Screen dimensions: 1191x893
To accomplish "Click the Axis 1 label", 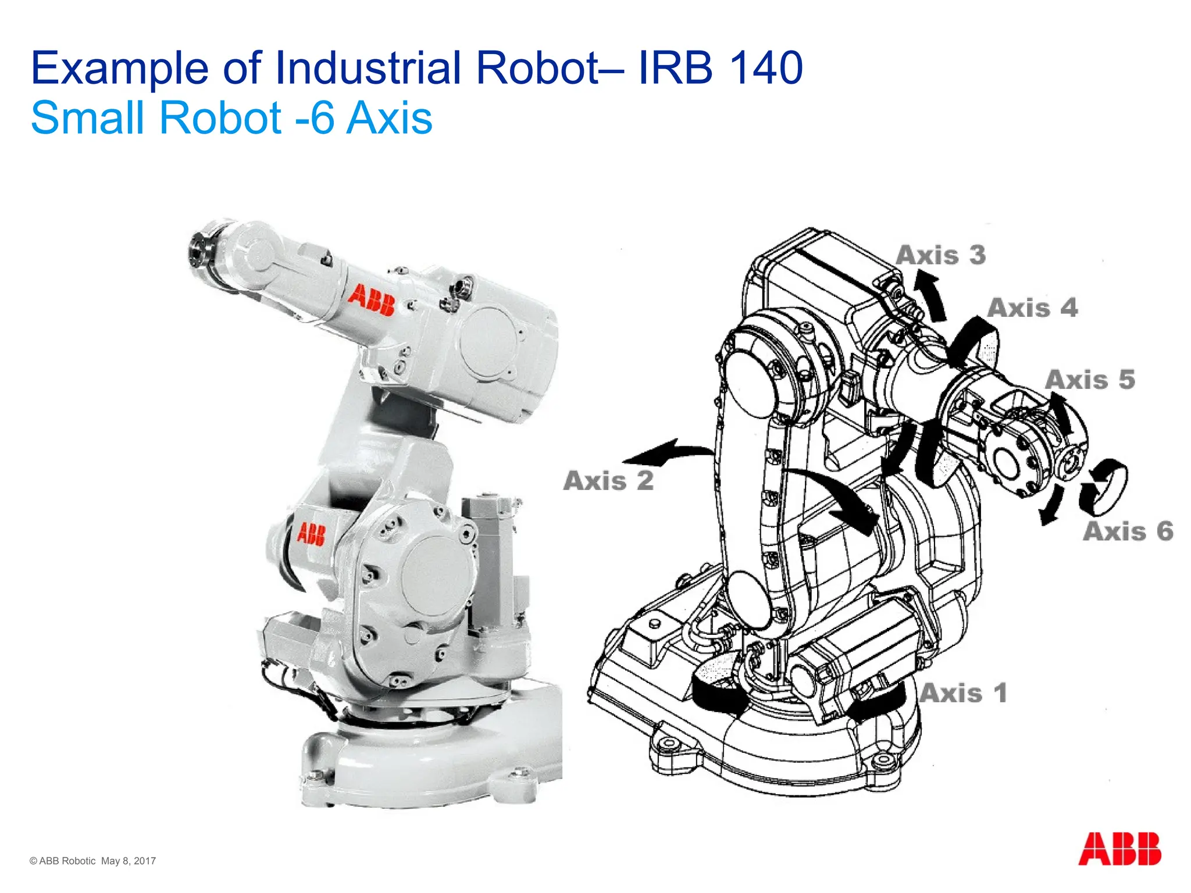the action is [x=963, y=693].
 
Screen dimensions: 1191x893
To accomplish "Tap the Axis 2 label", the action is [x=609, y=481].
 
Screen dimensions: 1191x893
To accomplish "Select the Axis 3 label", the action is [x=941, y=255].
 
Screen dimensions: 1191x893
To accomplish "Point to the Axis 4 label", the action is [x=1033, y=308].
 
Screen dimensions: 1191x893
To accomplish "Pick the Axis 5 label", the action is [x=1090, y=380].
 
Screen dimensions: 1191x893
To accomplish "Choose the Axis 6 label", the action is [x=1128, y=531].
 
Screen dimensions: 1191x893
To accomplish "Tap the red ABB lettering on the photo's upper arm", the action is [x=372, y=301].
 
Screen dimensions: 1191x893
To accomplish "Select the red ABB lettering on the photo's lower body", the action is [x=311, y=533].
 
